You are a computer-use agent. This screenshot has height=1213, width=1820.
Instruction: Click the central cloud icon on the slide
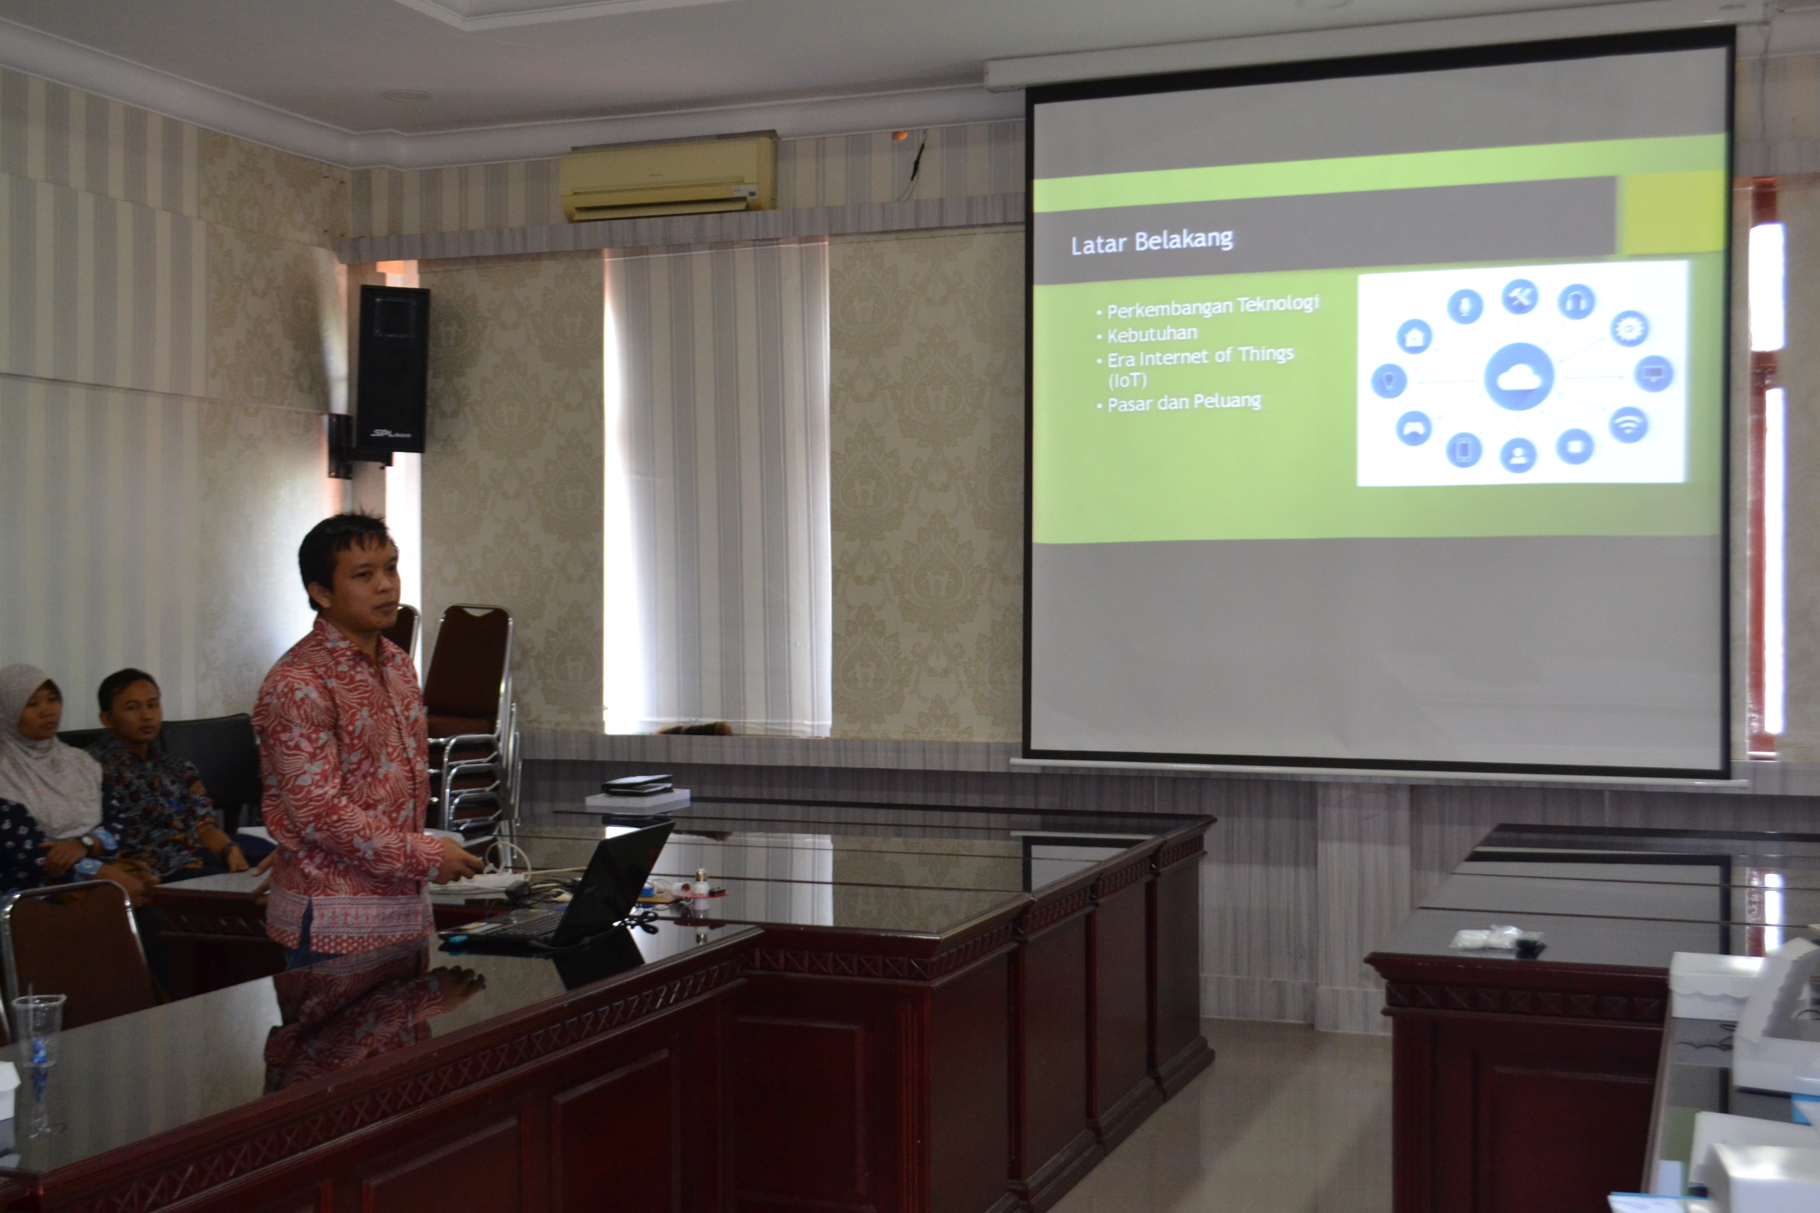point(1519,377)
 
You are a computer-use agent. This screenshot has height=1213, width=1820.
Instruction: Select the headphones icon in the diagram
point(1576,301)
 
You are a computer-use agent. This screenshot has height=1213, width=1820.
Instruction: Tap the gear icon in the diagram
point(1630,328)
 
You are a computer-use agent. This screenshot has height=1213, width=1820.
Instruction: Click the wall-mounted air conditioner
point(668,177)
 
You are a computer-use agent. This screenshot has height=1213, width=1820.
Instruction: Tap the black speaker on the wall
point(392,369)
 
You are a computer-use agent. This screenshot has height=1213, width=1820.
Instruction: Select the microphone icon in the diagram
point(1465,306)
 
